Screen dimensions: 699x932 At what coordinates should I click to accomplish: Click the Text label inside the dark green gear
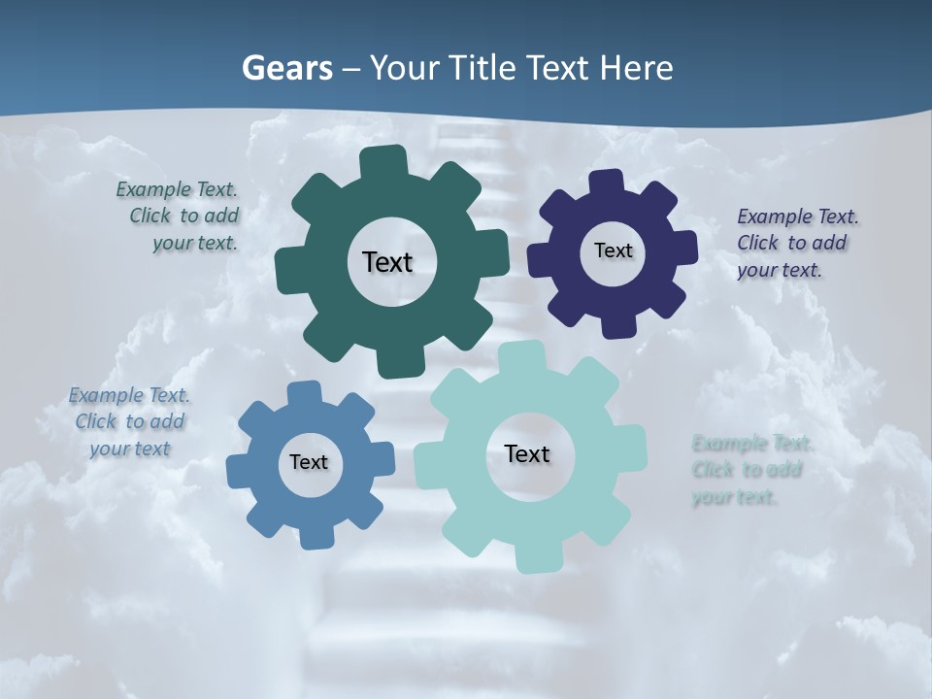point(387,262)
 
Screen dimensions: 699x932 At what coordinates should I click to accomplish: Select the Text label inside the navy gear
point(613,250)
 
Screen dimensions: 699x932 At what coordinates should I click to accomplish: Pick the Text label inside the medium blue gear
point(309,462)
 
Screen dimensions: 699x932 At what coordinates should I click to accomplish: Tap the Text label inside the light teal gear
point(527,453)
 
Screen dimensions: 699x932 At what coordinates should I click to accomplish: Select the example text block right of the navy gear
point(792,243)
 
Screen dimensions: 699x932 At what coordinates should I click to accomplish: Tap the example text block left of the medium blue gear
point(129,421)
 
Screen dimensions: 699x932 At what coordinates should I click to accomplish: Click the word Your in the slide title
point(407,68)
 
